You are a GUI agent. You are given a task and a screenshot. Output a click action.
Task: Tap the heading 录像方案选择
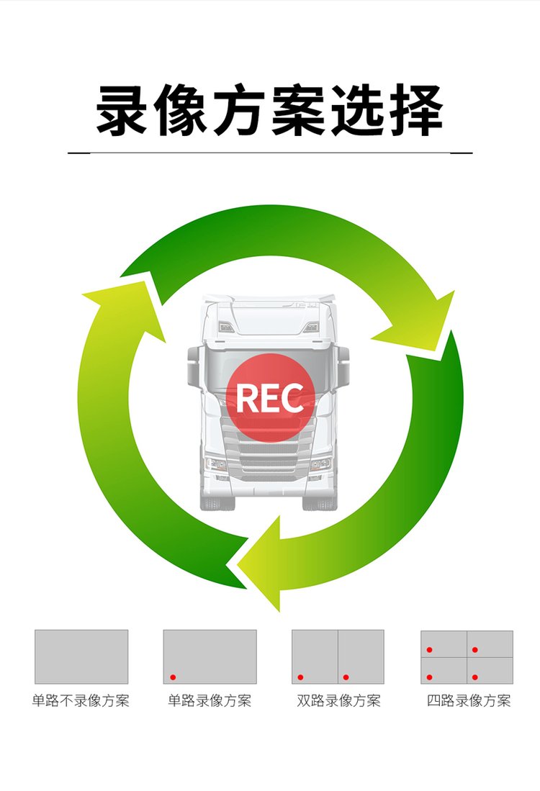click(270, 112)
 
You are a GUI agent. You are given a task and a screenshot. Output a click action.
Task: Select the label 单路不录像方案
click(81, 701)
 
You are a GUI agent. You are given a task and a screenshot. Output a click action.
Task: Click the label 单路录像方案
click(210, 701)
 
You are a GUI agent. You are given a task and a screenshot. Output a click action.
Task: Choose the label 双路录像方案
click(338, 701)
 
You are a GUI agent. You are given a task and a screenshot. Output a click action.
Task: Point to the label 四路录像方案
click(468, 701)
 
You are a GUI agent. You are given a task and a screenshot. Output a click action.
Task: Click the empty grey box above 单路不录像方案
click(81, 656)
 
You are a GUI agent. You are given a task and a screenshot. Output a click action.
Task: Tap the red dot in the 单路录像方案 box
click(173, 677)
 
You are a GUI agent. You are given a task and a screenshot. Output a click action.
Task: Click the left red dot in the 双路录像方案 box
click(301, 677)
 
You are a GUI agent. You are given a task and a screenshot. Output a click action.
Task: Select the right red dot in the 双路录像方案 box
click(346, 677)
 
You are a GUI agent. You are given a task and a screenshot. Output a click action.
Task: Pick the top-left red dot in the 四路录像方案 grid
click(430, 650)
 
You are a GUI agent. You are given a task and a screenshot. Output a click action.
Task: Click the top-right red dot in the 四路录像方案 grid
click(475, 650)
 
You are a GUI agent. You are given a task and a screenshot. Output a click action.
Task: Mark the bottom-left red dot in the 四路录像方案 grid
click(430, 677)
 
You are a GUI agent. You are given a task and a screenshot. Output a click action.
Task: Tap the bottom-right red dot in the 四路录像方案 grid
click(475, 677)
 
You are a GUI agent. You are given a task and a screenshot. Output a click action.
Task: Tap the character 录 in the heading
click(124, 112)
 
